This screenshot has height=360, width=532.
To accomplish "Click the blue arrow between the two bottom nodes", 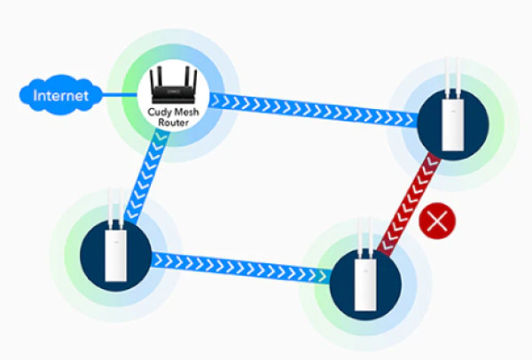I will tap(239, 263).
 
